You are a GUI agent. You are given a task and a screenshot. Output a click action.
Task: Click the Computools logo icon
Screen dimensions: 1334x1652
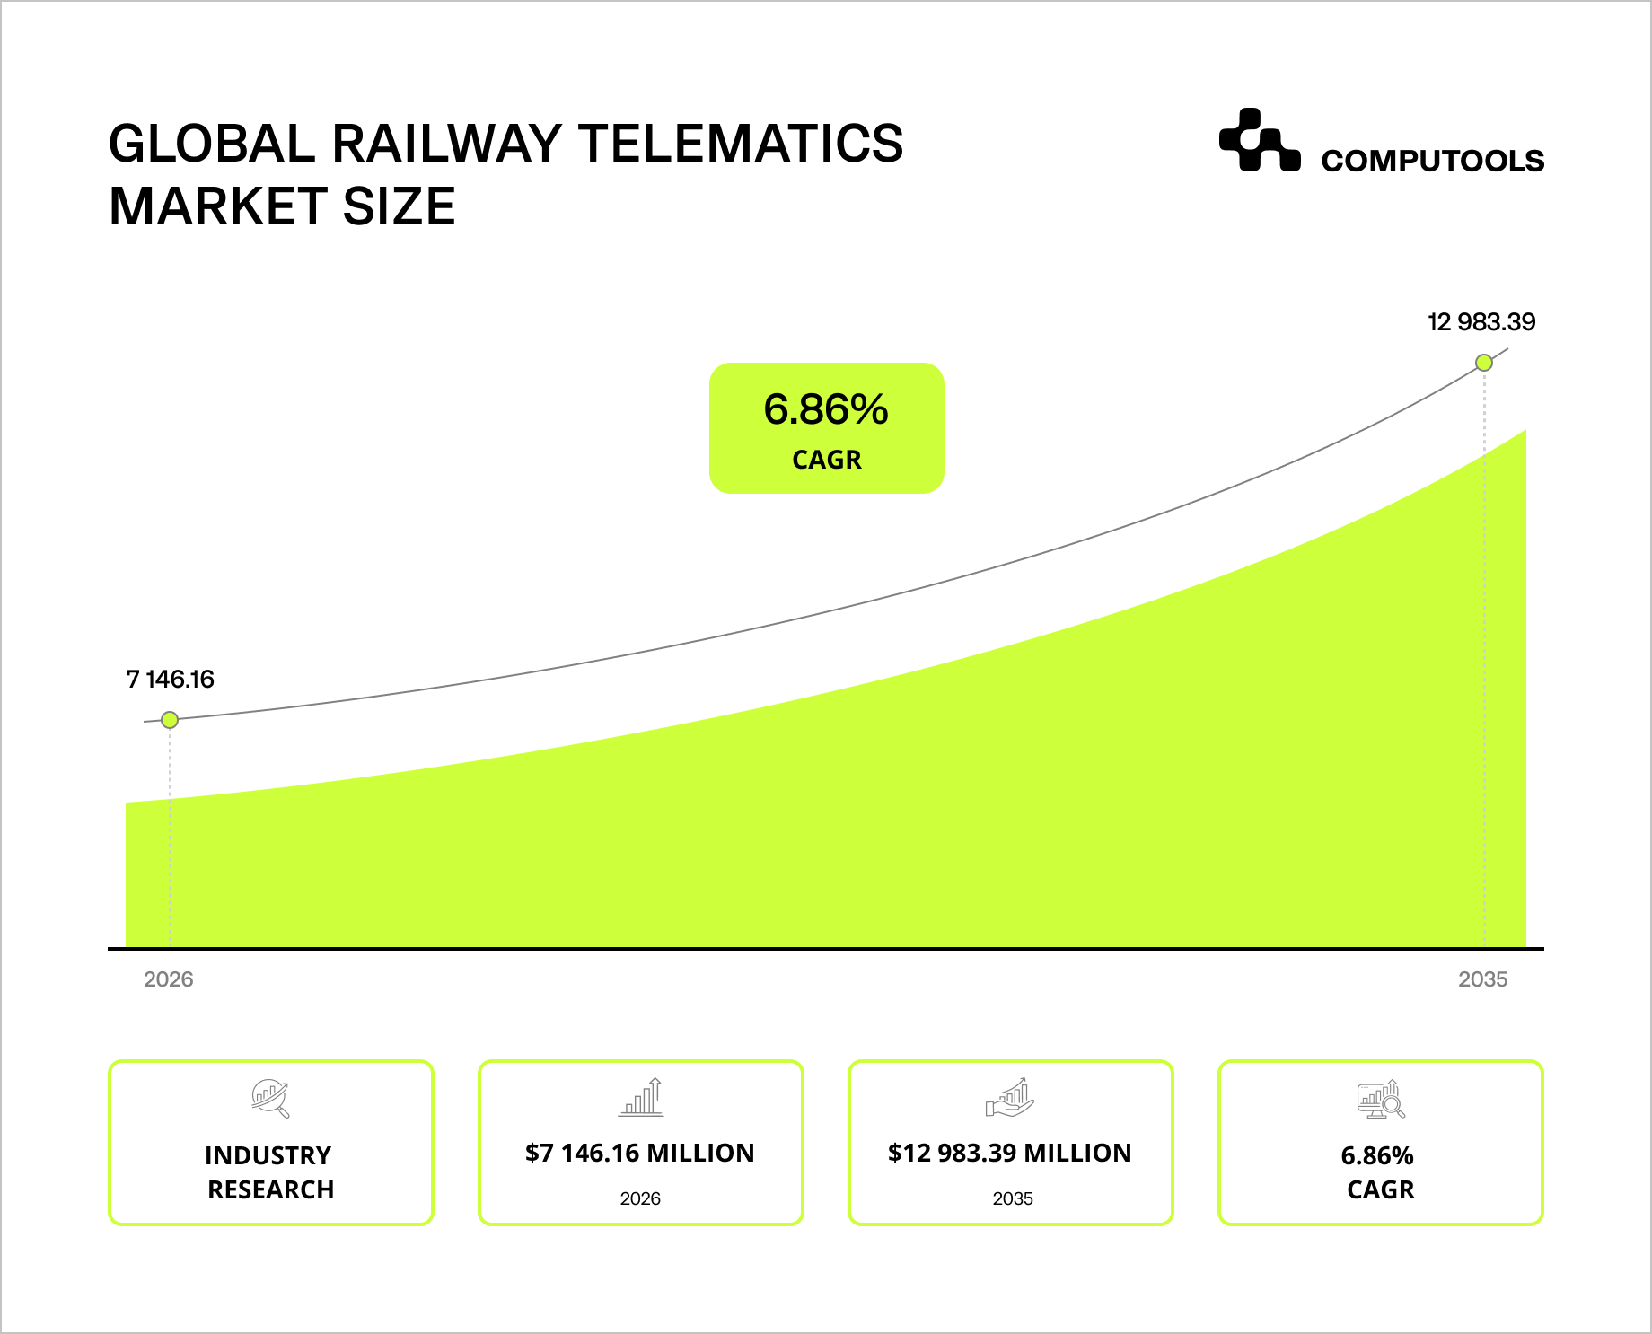click(1259, 141)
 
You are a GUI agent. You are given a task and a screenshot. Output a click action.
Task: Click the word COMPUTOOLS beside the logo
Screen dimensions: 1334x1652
click(1432, 162)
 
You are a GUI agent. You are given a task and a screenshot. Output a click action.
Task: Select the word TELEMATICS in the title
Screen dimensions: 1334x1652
click(740, 144)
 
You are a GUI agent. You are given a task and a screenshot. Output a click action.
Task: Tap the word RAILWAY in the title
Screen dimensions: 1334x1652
click(447, 144)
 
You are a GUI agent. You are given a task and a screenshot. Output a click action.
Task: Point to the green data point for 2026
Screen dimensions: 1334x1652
click(170, 720)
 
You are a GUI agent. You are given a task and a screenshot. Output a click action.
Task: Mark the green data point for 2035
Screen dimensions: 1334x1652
click(1484, 363)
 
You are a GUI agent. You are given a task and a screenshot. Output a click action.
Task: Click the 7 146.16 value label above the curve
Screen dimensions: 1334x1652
click(171, 680)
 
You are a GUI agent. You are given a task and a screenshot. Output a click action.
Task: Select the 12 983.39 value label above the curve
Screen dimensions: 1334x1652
click(1481, 322)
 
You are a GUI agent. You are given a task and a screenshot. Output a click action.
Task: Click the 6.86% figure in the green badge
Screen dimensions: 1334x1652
click(826, 410)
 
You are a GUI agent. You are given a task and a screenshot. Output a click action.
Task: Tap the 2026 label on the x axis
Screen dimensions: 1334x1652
click(169, 979)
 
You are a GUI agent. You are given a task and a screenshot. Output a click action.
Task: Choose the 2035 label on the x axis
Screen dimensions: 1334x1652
click(1482, 979)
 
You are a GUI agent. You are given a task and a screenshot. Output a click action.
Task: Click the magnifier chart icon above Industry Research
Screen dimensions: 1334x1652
click(270, 1098)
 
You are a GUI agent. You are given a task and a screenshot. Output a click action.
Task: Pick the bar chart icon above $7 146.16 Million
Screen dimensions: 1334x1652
click(641, 1097)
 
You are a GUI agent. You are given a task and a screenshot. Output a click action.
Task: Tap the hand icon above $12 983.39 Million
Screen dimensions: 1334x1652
click(1010, 1098)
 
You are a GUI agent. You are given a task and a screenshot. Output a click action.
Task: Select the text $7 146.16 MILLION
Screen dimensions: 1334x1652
click(640, 1154)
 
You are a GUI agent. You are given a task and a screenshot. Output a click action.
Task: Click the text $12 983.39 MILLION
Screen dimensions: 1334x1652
click(1010, 1154)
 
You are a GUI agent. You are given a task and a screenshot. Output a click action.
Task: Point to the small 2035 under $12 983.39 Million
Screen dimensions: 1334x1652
click(1013, 1199)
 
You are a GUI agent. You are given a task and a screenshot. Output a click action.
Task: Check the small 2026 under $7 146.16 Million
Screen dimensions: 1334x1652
click(640, 1199)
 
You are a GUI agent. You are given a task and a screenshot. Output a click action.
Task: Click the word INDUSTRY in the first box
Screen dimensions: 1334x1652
click(268, 1156)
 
